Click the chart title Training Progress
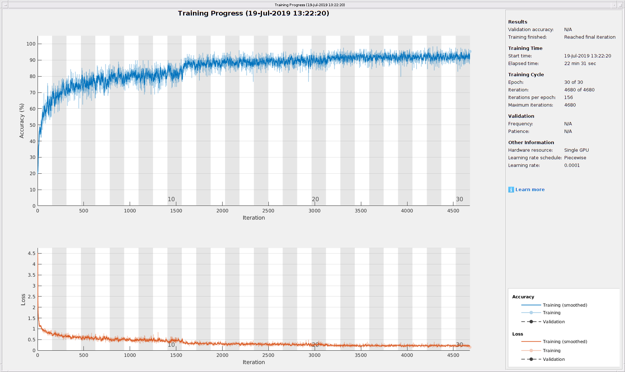(253, 13)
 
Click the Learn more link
(530, 190)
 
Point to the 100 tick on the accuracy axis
(31, 44)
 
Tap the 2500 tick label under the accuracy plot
(268, 211)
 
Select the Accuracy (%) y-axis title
(22, 121)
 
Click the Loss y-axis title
(23, 299)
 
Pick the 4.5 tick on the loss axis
(32, 254)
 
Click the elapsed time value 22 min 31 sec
(580, 64)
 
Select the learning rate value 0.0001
(572, 165)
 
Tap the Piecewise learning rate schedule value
(575, 158)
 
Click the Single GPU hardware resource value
(576, 150)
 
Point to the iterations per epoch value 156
(568, 98)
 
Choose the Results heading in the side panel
(517, 22)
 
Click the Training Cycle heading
(526, 75)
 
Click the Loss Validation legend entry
(553, 359)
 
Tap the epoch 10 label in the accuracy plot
(171, 199)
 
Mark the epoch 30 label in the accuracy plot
(459, 199)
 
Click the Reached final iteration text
(590, 37)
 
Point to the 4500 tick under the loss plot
(453, 355)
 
